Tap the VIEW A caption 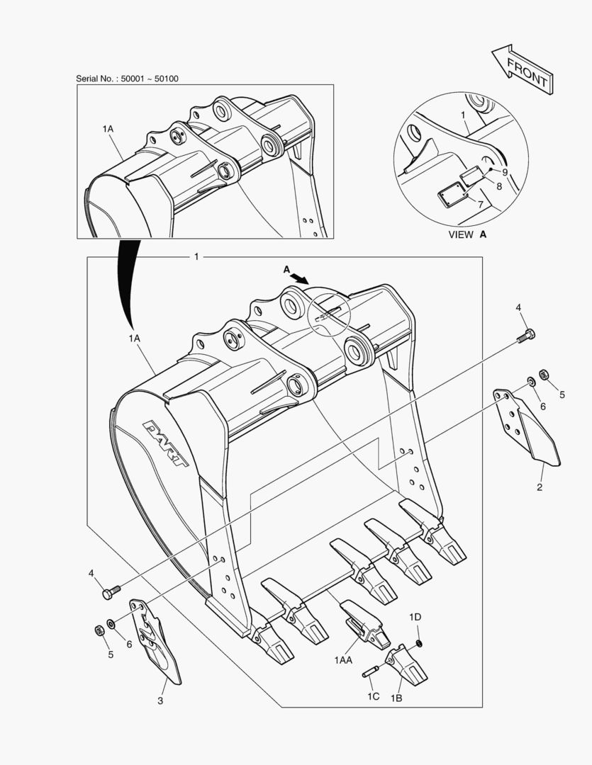[467, 234]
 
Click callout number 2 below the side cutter [540, 487]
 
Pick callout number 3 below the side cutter [160, 701]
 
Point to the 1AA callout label [344, 659]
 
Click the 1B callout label [396, 698]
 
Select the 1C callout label [373, 696]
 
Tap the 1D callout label [415, 617]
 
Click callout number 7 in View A [480, 204]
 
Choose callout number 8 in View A [499, 186]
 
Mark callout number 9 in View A [505, 172]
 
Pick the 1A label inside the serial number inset [108, 129]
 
